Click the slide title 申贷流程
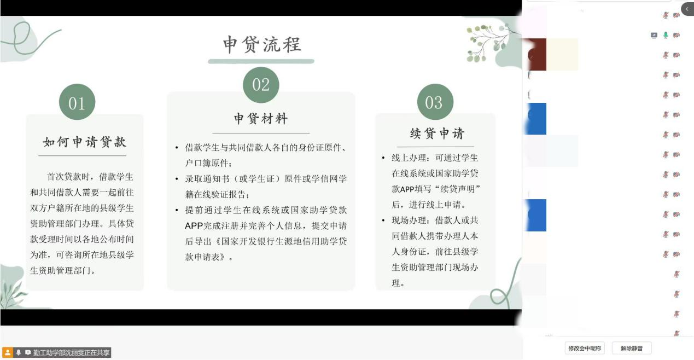pyautogui.click(x=262, y=44)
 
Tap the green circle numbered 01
pyautogui.click(x=77, y=102)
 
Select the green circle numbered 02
pyautogui.click(x=261, y=85)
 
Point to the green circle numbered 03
pyautogui.click(x=435, y=102)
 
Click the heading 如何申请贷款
pyautogui.click(x=85, y=142)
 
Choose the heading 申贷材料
pyautogui.click(x=261, y=118)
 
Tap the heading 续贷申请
pyautogui.click(x=437, y=133)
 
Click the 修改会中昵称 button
pyautogui.click(x=584, y=348)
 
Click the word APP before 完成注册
pyautogui.click(x=194, y=226)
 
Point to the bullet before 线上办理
pyautogui.click(x=383, y=158)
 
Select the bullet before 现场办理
pyautogui.click(x=383, y=220)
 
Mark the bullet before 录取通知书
pyautogui.click(x=177, y=179)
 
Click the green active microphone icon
pyautogui.click(x=666, y=35)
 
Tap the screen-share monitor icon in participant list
pyautogui.click(x=654, y=36)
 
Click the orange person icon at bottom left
pyautogui.click(x=8, y=352)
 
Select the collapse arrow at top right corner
pyautogui.click(x=687, y=9)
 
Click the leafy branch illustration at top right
pyautogui.click(x=488, y=43)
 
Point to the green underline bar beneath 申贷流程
pyautogui.click(x=261, y=61)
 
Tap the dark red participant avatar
pyautogui.click(x=537, y=54)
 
